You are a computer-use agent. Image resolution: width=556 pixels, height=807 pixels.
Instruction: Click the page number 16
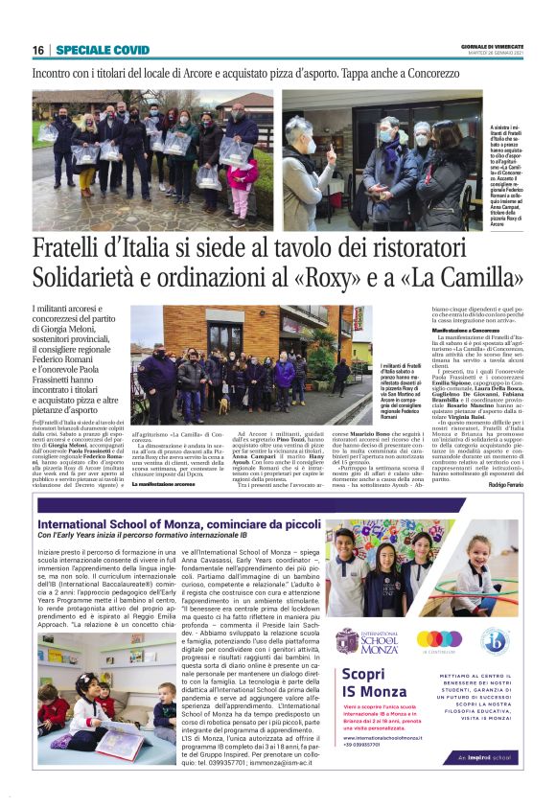(37, 50)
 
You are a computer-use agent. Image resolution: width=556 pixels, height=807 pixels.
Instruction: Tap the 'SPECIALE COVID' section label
(102, 50)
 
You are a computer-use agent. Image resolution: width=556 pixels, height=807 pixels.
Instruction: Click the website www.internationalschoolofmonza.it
(382, 738)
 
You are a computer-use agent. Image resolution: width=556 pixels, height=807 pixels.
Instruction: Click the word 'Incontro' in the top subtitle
(58, 73)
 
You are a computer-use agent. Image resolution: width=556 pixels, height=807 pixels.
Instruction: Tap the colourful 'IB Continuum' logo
(439, 640)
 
